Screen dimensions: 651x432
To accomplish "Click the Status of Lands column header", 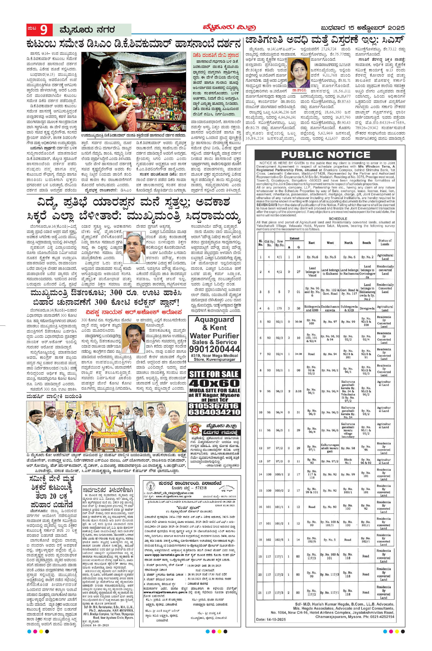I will point(385,242).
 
